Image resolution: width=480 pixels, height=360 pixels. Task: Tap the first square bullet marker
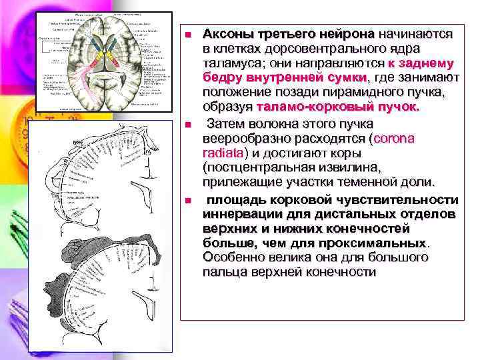189,35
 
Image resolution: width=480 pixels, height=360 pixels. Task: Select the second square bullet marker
189,125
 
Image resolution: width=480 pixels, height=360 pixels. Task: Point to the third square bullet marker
189,200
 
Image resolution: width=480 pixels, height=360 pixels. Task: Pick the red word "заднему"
425,63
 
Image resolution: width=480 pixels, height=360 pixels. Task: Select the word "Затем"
227,124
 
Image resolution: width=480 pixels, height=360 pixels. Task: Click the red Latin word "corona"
393,139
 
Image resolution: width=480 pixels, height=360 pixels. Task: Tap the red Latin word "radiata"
223,153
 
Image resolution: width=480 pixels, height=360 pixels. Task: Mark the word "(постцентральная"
261,168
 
